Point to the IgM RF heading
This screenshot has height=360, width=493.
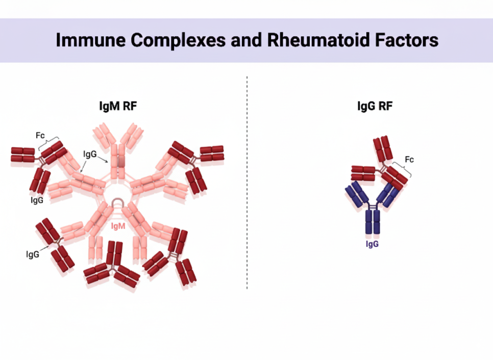(x=118, y=106)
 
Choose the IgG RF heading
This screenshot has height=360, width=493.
(x=375, y=106)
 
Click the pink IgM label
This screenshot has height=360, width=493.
(x=118, y=226)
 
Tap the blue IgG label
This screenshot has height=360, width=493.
(x=372, y=244)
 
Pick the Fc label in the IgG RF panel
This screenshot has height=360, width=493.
(x=409, y=159)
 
